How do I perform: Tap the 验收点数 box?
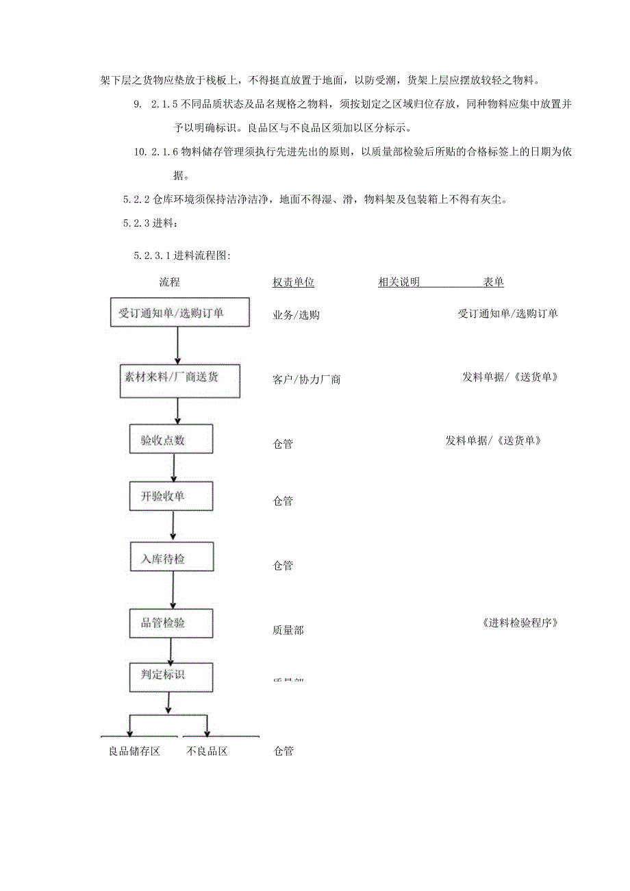(x=171, y=438)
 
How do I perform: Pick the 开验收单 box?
(x=171, y=496)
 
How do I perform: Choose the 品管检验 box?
(x=171, y=622)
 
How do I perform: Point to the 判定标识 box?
(x=171, y=674)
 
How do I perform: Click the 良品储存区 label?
(x=134, y=751)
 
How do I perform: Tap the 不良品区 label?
(x=207, y=751)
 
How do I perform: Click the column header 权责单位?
(x=293, y=282)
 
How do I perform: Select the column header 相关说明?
(x=399, y=282)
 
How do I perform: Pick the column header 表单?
(x=494, y=282)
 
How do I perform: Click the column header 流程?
(x=169, y=282)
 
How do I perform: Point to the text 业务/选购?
(x=296, y=315)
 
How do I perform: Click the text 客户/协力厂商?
(x=306, y=379)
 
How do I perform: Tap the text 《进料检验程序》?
(x=520, y=623)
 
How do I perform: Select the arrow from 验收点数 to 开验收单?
(x=173, y=467)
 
